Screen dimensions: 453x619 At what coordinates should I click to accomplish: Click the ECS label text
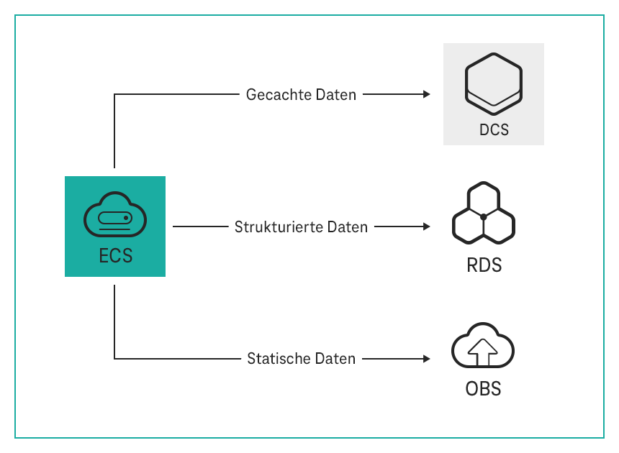115,255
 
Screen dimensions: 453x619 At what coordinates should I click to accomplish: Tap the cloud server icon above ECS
115,216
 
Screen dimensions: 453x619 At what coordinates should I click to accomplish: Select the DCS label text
494,130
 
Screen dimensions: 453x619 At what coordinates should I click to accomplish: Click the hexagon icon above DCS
494,81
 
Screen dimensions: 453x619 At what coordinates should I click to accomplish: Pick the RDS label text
483,265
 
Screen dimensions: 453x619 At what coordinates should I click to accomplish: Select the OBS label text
483,389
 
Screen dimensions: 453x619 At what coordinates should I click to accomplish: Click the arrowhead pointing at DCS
426,94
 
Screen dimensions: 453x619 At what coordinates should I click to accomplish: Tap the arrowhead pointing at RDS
426,226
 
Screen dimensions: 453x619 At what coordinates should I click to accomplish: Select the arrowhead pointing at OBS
426,358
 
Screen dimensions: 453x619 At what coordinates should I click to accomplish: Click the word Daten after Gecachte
336,95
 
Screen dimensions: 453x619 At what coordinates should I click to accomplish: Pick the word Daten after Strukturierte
348,227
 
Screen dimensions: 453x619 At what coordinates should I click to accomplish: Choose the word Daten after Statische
335,358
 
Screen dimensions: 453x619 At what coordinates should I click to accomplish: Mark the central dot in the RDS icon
484,216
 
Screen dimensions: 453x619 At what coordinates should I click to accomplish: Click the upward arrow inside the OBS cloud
483,351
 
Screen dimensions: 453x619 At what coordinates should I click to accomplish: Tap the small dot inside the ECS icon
126,217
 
